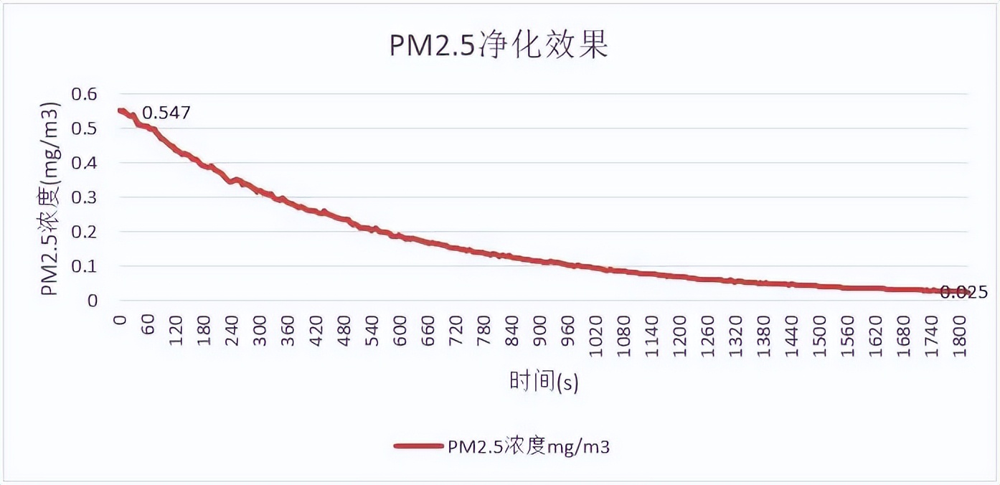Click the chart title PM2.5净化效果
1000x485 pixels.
point(499,45)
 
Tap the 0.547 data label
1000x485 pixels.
point(166,113)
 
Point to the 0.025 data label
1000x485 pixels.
point(963,292)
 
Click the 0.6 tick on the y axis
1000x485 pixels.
point(82,94)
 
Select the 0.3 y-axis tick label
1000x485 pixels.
point(82,197)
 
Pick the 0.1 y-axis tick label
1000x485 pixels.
point(82,266)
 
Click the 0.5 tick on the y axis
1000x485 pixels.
point(82,128)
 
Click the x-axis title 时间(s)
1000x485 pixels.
point(544,382)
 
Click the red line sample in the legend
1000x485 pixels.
point(418,446)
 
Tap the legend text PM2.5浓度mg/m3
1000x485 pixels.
point(529,446)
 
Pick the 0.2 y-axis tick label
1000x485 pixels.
point(82,232)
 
